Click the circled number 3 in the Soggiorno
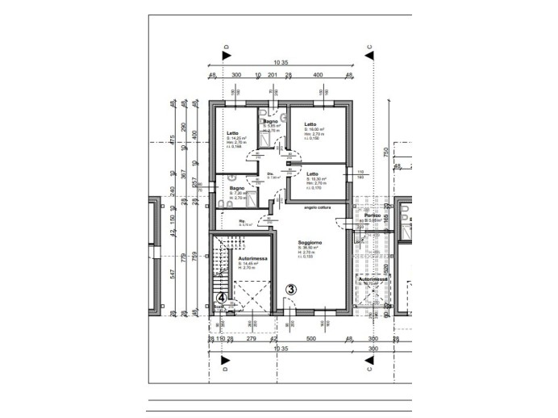292,288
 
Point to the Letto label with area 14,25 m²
232,133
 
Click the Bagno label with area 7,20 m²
236,188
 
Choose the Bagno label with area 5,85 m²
270,121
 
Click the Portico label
372,215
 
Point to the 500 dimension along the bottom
310,339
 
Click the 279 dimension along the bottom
252,339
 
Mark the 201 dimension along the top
273,75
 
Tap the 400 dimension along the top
318,75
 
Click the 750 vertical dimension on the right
386,151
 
